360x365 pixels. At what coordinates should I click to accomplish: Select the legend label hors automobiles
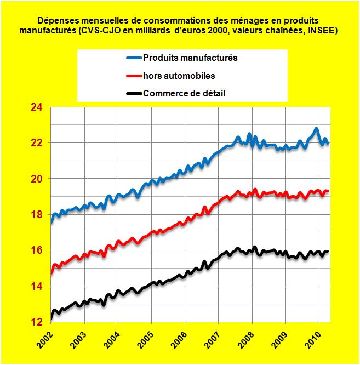point(179,76)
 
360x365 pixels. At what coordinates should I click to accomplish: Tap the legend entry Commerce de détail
point(184,93)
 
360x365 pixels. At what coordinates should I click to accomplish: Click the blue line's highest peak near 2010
point(316,129)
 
